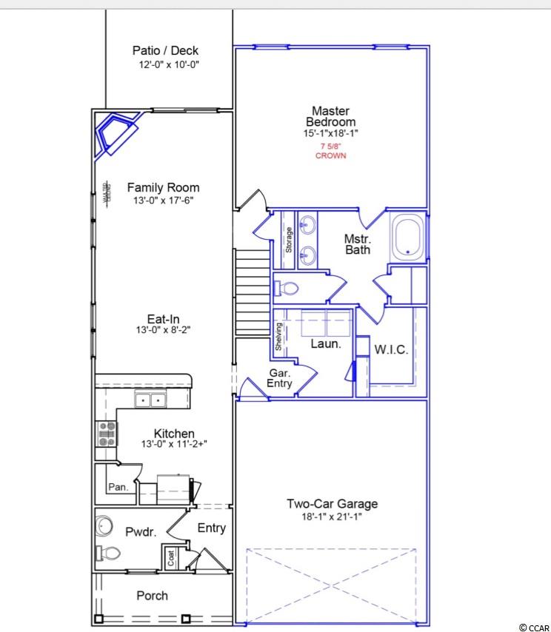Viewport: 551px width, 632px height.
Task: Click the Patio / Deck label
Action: (165, 51)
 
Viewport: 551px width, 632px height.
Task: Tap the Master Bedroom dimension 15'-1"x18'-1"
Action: (331, 133)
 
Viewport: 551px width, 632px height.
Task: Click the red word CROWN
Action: (331, 155)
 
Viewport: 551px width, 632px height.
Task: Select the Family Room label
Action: (164, 187)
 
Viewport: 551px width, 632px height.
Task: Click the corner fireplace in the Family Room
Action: (116, 133)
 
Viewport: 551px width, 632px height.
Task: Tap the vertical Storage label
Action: (289, 240)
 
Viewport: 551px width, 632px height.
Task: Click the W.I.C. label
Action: (391, 349)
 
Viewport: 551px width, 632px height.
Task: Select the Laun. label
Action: (326, 344)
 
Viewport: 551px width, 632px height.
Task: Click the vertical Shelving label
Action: (278, 337)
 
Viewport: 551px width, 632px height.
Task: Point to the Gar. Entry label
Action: (279, 378)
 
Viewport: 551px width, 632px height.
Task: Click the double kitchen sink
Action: (150, 400)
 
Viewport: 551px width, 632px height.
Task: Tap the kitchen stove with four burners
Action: (107, 434)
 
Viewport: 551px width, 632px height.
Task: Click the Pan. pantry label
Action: (118, 487)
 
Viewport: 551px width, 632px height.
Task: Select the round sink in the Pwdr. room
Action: (104, 526)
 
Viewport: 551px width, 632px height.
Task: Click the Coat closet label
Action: (171, 558)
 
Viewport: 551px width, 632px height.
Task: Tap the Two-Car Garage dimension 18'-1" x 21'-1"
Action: (332, 517)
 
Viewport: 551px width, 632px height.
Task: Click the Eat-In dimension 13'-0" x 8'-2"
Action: (163, 330)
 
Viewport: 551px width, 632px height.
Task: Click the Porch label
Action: (152, 596)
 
